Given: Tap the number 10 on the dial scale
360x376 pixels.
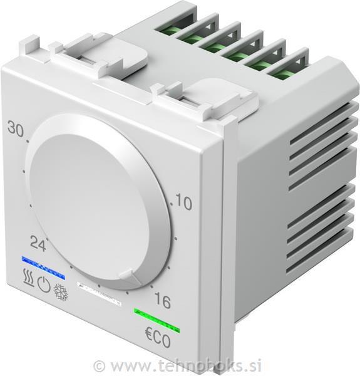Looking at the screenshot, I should [x=183, y=202].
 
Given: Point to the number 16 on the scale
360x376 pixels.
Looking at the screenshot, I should [x=162, y=301].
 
